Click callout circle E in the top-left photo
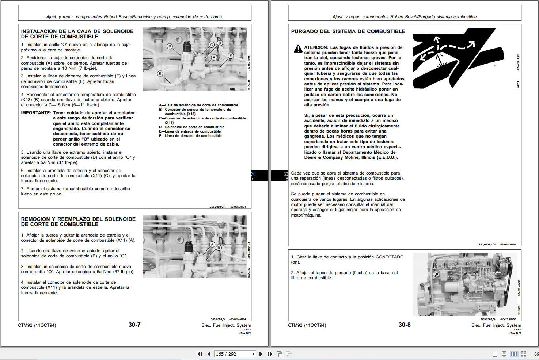point(160,73)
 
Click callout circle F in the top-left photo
point(231,55)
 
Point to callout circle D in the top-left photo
point(220,43)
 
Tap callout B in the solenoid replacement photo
point(219,248)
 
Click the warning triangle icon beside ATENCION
point(298,49)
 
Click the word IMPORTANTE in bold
point(36,113)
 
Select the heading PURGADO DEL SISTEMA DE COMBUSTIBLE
point(348,31)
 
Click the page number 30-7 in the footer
point(134,325)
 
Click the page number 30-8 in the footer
point(405,325)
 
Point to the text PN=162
point(244,333)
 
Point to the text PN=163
point(515,333)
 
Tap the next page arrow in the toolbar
point(261,354)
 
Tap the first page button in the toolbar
point(200,354)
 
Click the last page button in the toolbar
point(270,354)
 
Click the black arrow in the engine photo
point(437,275)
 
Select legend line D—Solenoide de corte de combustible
point(191,127)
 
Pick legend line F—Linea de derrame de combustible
point(190,136)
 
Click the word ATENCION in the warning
point(316,47)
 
